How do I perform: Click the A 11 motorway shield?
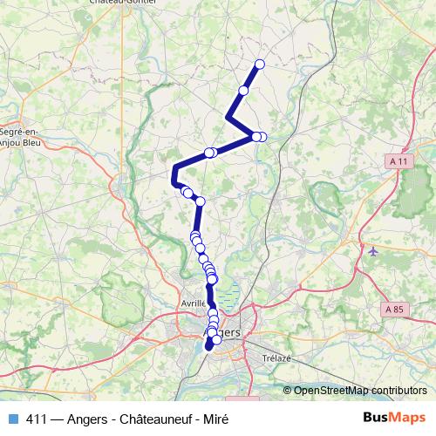coord(400,161)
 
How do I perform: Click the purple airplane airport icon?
coord(374,251)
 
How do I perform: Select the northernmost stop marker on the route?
coord(259,64)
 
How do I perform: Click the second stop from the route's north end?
coord(244,91)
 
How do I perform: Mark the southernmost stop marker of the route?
coord(208,347)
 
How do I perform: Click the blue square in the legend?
coord(11,419)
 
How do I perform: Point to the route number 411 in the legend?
coord(36,419)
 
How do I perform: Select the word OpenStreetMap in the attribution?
coord(330,390)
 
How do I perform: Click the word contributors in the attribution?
coord(398,390)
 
